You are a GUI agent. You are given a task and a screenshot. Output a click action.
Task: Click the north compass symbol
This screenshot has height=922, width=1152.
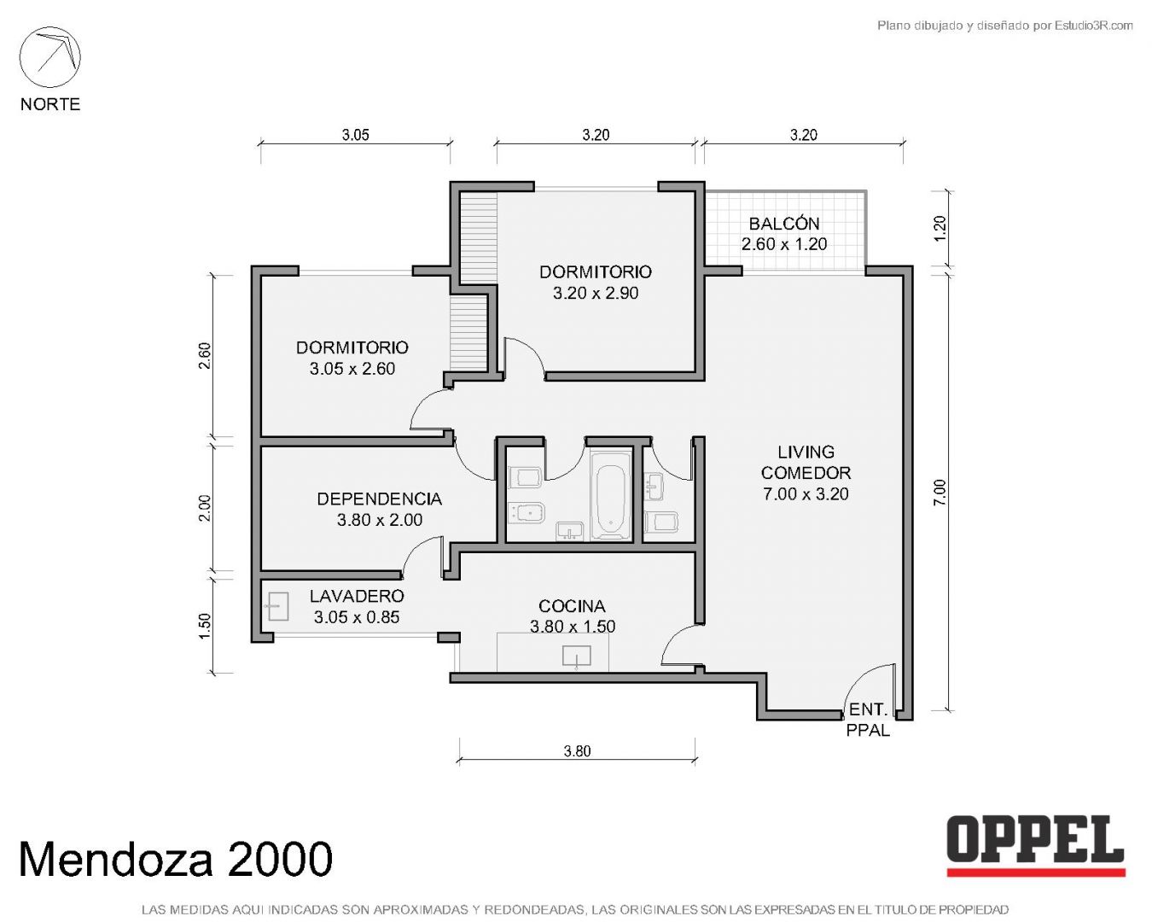(x=49, y=57)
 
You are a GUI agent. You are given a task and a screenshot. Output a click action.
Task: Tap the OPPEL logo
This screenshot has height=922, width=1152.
(x=1035, y=846)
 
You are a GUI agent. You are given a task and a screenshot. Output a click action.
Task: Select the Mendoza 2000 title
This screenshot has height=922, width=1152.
(x=176, y=859)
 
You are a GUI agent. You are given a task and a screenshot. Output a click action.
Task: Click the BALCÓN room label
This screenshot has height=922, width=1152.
(x=783, y=224)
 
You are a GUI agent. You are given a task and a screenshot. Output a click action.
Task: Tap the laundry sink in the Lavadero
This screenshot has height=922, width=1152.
(x=277, y=606)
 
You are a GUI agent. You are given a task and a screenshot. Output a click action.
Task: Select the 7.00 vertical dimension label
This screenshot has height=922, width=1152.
(x=939, y=492)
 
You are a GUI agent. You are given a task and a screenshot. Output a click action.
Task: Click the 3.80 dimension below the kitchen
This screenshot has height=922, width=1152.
(x=577, y=751)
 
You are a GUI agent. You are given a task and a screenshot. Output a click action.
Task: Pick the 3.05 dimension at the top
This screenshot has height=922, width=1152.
(x=356, y=135)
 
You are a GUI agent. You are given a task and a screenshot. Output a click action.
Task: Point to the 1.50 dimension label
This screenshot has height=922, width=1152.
(x=205, y=626)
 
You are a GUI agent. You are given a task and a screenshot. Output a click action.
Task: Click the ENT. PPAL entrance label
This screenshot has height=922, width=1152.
(x=868, y=720)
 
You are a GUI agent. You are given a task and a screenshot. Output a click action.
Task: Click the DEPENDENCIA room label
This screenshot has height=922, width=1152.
(x=379, y=499)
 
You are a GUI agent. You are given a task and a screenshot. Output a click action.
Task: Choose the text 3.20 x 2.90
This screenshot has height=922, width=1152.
(x=596, y=293)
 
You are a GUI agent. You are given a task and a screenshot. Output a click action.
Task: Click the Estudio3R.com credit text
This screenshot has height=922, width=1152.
(x=1004, y=25)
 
